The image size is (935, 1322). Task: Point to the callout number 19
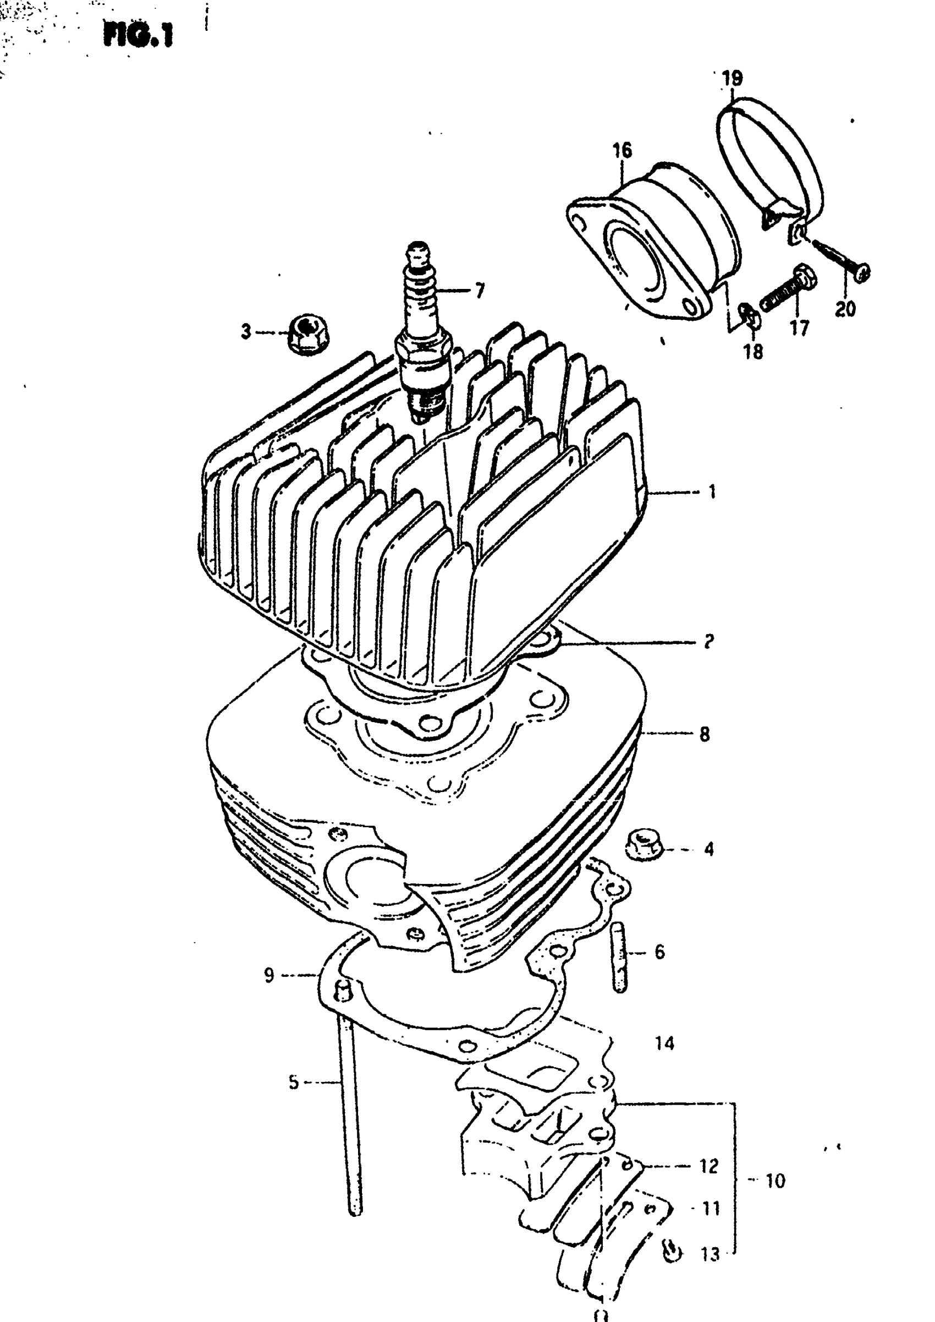tap(733, 78)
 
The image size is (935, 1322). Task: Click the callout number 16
tap(622, 150)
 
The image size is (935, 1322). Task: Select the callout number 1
tap(712, 491)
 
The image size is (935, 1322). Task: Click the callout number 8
tap(705, 734)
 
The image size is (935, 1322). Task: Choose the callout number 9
tap(269, 976)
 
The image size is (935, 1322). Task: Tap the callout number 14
tap(664, 1043)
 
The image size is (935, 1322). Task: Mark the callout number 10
tap(775, 1181)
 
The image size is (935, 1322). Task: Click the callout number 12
tap(710, 1166)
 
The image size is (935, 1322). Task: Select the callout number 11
tap(711, 1208)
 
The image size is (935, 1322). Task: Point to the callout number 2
tap(709, 641)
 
